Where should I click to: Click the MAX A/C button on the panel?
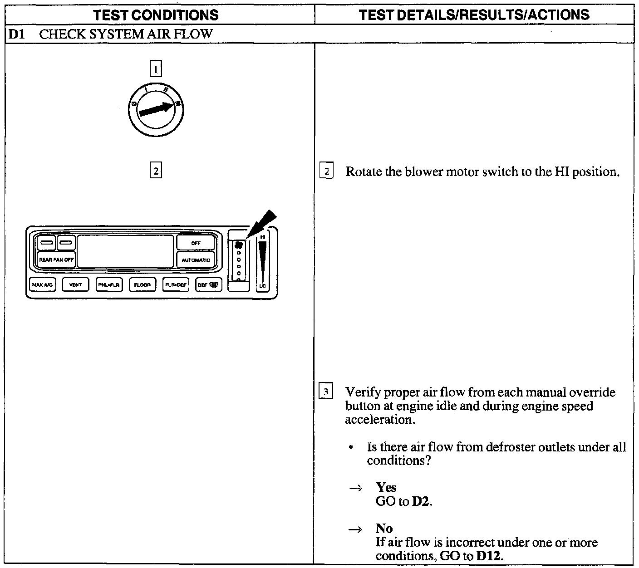pos(43,285)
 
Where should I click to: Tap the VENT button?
pos(75,285)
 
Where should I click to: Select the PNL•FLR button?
pos(109,285)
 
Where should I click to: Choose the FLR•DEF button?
pos(176,285)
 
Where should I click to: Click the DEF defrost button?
pos(208,285)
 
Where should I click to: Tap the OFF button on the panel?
pos(196,243)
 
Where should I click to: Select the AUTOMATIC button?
pos(196,260)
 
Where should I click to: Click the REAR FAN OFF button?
pos(56,260)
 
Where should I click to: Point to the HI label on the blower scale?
pos(263,237)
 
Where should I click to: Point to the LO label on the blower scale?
pos(262,286)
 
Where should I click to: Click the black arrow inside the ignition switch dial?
pos(157,109)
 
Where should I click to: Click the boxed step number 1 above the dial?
pos(156,69)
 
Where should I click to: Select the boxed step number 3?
pos(326,392)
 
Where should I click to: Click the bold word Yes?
pos(386,488)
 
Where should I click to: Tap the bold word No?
pos(384,529)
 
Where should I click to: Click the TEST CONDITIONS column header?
pos(156,15)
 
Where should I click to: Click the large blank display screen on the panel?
pos(125,251)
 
